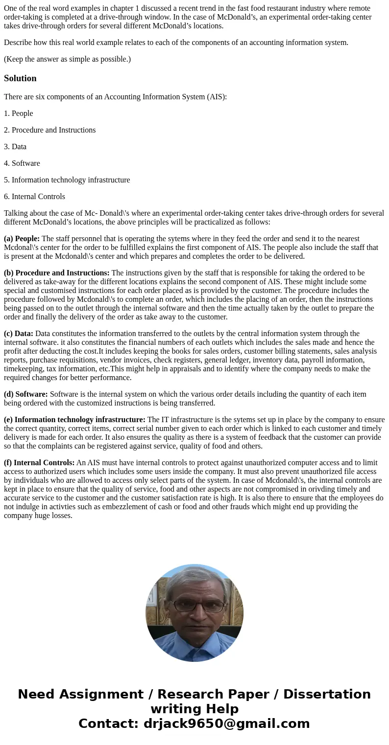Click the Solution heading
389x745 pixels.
(x=20, y=78)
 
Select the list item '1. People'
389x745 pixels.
(x=18, y=113)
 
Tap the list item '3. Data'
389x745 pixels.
(x=15, y=147)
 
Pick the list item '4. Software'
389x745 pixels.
(x=22, y=163)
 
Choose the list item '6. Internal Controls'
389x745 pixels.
(x=34, y=197)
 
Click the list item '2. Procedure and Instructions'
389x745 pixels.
(x=49, y=130)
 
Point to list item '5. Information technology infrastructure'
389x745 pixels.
(x=67, y=180)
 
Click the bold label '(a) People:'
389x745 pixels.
(x=22, y=239)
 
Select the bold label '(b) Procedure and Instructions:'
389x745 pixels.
(x=56, y=273)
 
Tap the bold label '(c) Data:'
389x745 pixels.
(x=19, y=334)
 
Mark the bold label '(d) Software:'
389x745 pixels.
(x=25, y=394)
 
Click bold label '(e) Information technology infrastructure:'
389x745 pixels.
(x=74, y=420)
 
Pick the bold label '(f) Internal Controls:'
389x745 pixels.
(x=39, y=463)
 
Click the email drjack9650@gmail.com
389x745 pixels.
(x=226, y=724)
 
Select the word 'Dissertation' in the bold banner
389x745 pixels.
(x=327, y=695)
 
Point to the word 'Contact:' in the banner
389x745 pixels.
(x=108, y=724)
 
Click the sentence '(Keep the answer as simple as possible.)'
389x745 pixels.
(x=67, y=59)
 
